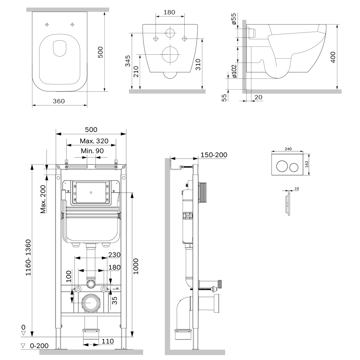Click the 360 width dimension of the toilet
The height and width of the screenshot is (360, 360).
(x=59, y=101)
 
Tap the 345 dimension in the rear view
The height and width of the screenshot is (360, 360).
(x=128, y=62)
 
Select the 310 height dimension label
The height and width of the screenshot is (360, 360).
(x=198, y=64)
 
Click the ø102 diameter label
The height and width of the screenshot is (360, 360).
(x=234, y=71)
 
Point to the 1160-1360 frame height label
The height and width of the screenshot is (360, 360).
(x=28, y=258)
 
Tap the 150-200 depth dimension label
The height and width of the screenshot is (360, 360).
(x=214, y=155)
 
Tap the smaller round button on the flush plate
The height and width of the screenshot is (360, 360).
(x=294, y=166)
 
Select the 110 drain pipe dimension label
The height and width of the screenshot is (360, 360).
(x=108, y=341)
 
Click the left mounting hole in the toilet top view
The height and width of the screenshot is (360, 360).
(x=47, y=24)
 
